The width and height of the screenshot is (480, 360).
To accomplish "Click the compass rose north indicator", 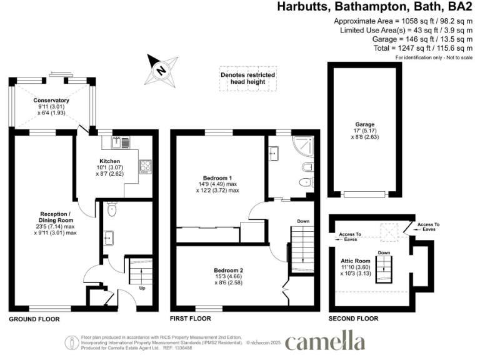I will point(161,70).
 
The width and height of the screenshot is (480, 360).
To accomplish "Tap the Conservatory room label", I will point(51,101).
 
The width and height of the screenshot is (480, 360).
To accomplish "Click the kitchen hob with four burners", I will point(146,166).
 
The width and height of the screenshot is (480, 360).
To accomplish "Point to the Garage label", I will point(366,124).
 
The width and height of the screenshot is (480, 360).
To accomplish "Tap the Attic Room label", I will point(356,260).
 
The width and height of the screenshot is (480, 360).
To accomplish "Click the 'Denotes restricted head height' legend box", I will point(247,78).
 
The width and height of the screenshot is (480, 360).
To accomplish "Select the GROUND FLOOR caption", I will point(34,319).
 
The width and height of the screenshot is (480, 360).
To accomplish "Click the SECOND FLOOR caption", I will point(354,319).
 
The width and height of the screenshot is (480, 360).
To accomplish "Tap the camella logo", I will point(325,342).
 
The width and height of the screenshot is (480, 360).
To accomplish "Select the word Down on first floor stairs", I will point(302,221).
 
